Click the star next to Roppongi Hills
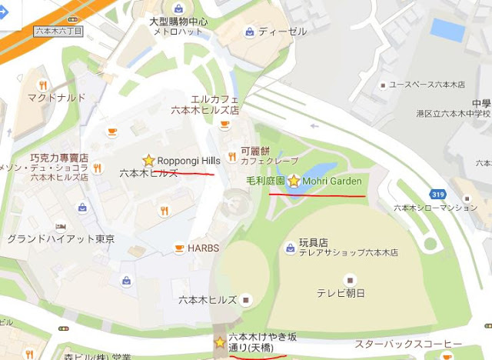[148, 160]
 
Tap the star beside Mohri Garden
[293, 181]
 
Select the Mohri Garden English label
[332, 181]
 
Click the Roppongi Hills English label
[189, 160]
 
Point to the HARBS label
[204, 248]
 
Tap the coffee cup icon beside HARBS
[178, 248]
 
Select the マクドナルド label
[55, 98]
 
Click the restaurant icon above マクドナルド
[43, 85]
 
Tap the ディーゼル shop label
[283, 32]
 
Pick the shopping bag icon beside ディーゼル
[249, 32]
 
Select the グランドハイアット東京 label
[61, 239]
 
